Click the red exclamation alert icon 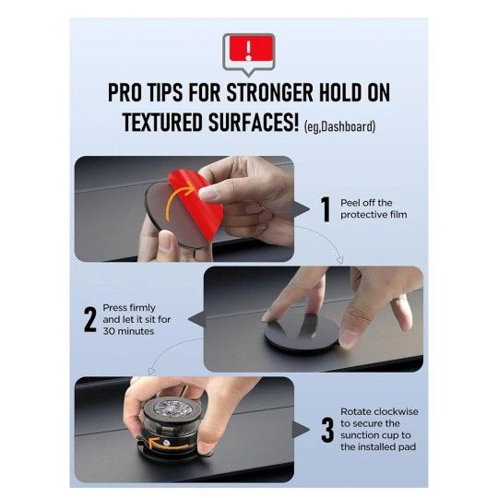tap(248, 48)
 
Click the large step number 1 tap(325, 208)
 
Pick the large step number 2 tap(90, 319)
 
